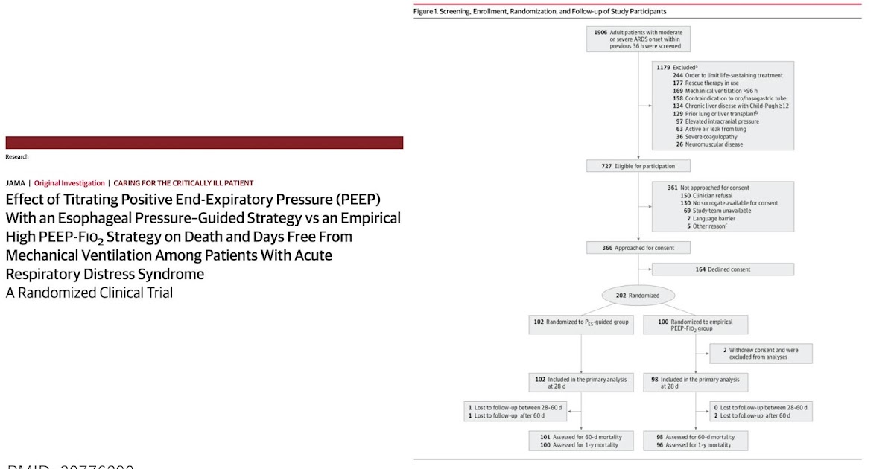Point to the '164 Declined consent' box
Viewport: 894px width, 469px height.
(x=723, y=269)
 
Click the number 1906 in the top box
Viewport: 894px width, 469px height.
(x=600, y=33)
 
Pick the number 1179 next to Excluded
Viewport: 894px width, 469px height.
(x=663, y=68)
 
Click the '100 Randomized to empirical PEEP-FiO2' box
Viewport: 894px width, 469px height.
(x=695, y=325)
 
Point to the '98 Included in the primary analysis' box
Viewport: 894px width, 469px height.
(x=695, y=382)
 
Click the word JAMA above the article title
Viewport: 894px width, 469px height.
(x=15, y=183)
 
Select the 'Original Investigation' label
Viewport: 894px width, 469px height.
(x=69, y=183)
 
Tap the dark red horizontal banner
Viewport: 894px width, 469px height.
(x=204, y=142)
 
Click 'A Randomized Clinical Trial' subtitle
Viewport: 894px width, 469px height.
(x=89, y=293)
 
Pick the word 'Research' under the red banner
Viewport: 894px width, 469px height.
(x=17, y=156)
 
